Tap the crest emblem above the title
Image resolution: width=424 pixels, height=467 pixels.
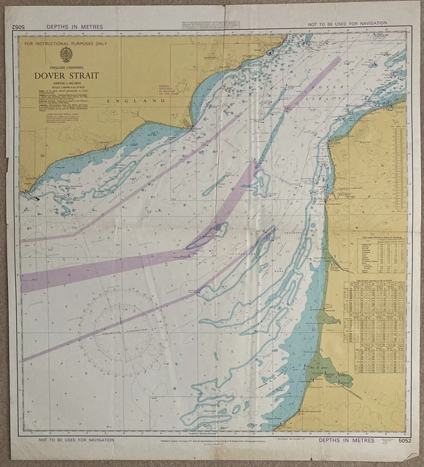point(66,55)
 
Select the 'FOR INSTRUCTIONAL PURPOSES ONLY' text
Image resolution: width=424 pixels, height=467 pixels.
point(65,45)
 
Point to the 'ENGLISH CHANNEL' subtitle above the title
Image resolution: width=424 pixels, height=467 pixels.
point(66,66)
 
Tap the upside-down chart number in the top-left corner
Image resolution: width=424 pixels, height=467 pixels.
point(18,27)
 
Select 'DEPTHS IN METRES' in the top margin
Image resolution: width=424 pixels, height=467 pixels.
point(74,27)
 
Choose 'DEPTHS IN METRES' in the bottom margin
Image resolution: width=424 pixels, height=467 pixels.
point(347,441)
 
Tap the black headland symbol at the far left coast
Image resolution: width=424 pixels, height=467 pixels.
point(34,196)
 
